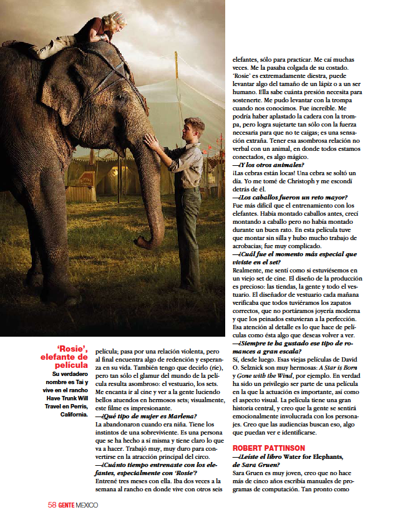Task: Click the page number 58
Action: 52,505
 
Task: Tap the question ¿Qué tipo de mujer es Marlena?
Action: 146,416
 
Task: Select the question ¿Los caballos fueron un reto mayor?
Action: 289,197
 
